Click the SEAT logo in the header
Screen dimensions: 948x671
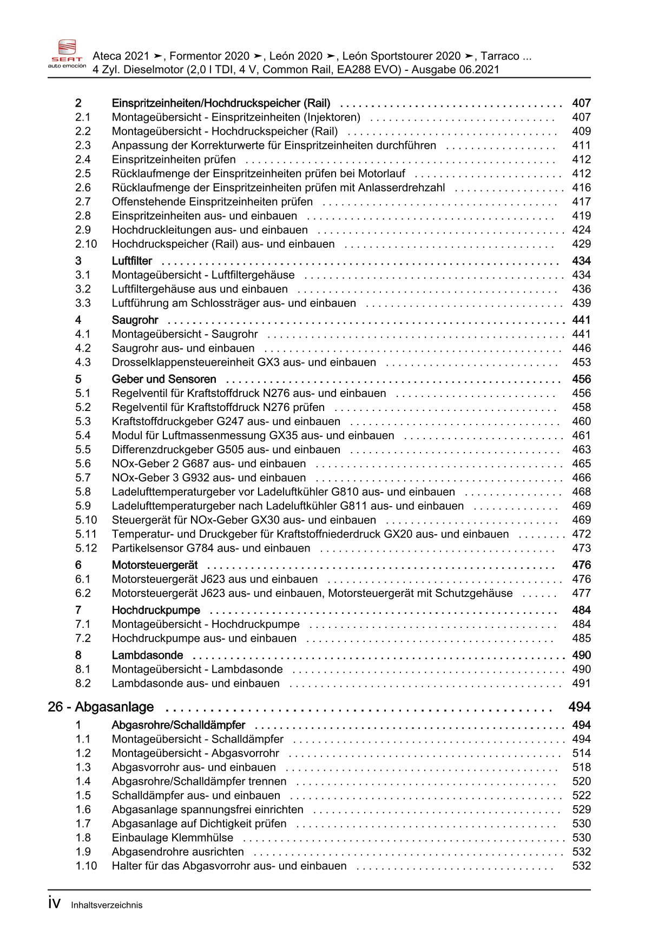click(67, 53)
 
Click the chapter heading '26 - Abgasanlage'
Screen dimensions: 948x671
click(101, 707)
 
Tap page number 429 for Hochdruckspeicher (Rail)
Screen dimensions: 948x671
click(581, 244)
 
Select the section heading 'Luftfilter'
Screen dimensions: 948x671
click(132, 261)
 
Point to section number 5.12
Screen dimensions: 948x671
click(86, 548)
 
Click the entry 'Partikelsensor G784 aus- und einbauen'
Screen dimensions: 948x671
click(211, 548)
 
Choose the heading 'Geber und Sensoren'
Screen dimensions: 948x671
click(164, 379)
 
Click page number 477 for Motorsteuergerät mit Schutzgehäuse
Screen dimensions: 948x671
click(581, 593)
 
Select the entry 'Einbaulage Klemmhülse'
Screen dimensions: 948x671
click(173, 838)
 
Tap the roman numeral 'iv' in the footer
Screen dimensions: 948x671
click(54, 904)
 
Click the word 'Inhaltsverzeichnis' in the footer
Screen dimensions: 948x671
click(107, 905)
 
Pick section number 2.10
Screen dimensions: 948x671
click(86, 244)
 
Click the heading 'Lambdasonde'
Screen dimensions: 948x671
click(147, 655)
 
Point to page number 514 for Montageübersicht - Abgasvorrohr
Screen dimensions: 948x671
click(581, 753)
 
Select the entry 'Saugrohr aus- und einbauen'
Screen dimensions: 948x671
click(183, 348)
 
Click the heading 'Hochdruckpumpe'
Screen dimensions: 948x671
click(156, 611)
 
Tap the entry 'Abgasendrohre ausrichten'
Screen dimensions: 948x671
click(177, 852)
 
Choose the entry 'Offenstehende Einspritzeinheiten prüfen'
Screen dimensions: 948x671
click(212, 202)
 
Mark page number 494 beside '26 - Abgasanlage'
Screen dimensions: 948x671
click(579, 707)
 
